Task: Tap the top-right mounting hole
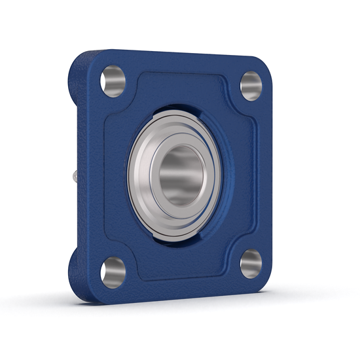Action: click(x=251, y=84)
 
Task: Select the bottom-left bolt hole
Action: click(x=113, y=269)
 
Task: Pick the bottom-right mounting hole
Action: click(x=251, y=262)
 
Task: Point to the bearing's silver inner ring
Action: click(x=158, y=175)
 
